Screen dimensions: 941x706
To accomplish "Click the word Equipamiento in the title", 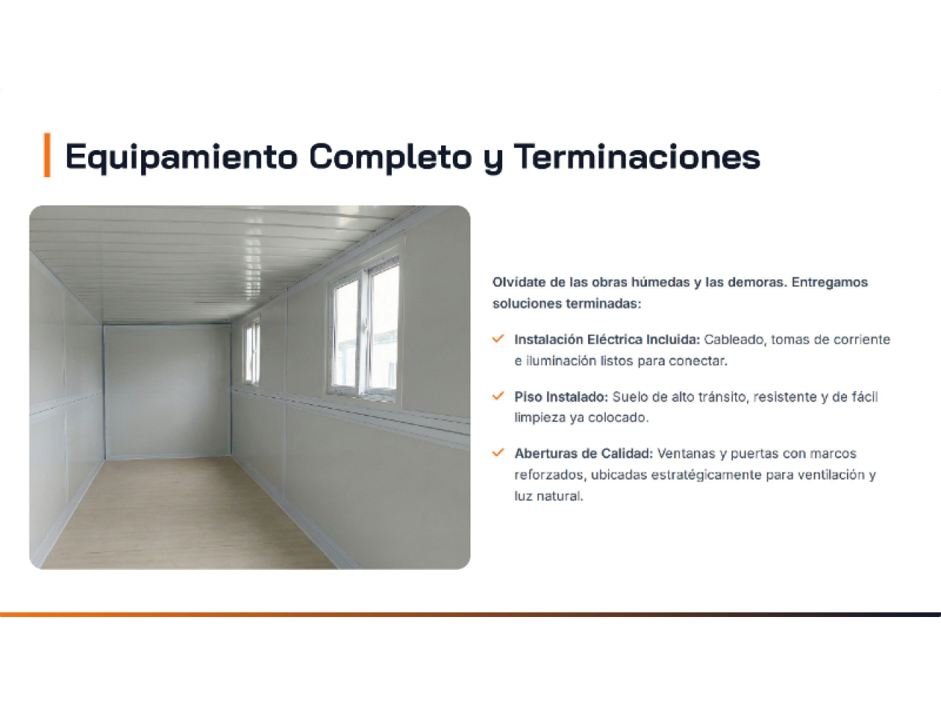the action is point(182,157).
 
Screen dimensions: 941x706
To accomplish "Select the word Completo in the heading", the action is point(390,157).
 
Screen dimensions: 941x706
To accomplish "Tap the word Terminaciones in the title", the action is point(637,157).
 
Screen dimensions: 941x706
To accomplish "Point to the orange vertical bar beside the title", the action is point(47,154).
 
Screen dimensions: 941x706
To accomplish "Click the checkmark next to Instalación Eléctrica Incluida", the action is point(498,338).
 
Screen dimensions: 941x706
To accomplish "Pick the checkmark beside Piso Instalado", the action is point(498,396).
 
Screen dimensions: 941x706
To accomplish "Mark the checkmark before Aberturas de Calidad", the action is point(498,453).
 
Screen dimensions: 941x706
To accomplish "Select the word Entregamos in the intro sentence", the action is point(829,282).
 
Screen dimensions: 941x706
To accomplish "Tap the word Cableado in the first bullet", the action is point(735,340).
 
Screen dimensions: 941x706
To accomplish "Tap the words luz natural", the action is point(548,496).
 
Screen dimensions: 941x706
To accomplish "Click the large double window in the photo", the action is point(365,328).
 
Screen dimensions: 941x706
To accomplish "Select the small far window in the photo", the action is point(251,350).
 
